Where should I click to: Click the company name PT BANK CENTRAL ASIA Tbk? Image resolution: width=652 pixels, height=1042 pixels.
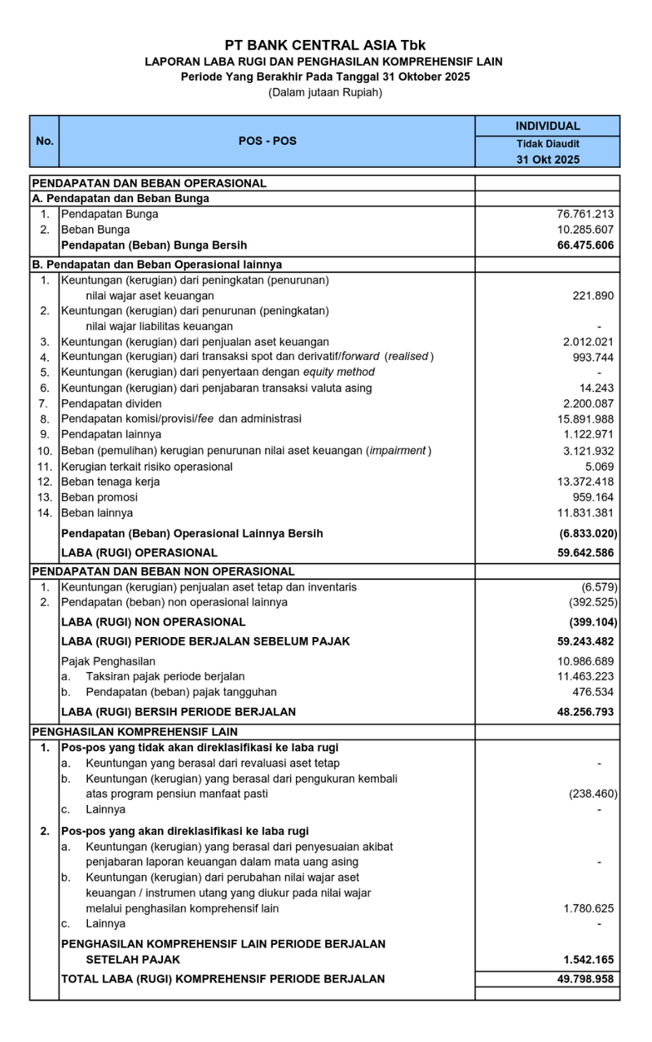pos(325,46)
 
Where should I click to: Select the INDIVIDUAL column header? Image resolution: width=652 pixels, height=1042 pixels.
pos(547,126)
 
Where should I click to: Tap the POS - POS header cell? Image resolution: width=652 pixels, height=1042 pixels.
pos(267,141)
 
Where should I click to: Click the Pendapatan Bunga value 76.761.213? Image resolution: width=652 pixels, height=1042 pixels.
pos(581,214)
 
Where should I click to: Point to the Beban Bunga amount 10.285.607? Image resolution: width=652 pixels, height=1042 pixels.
pos(581,230)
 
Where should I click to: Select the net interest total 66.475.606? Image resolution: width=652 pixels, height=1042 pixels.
pos(580,245)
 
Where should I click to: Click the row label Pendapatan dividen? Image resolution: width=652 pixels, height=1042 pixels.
pos(112,404)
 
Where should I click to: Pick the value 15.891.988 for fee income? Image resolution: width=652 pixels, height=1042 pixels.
pos(581,420)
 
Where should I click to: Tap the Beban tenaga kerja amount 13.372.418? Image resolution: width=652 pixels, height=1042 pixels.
pos(581,482)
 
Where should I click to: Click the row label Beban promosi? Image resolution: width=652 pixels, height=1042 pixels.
pos(99,498)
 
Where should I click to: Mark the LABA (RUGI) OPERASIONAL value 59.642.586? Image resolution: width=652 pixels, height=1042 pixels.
pos(580,553)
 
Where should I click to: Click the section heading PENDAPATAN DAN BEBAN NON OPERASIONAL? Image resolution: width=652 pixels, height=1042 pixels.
pos(163,572)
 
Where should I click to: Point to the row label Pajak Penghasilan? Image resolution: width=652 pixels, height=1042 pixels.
pos(108,662)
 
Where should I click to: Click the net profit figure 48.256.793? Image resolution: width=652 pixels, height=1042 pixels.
pos(580,712)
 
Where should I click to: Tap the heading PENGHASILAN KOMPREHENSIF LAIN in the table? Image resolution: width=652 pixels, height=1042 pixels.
pos(135,731)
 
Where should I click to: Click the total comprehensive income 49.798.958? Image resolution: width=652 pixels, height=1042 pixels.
pos(580,979)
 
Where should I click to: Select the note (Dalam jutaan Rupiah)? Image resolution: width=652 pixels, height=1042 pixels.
pos(325,93)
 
